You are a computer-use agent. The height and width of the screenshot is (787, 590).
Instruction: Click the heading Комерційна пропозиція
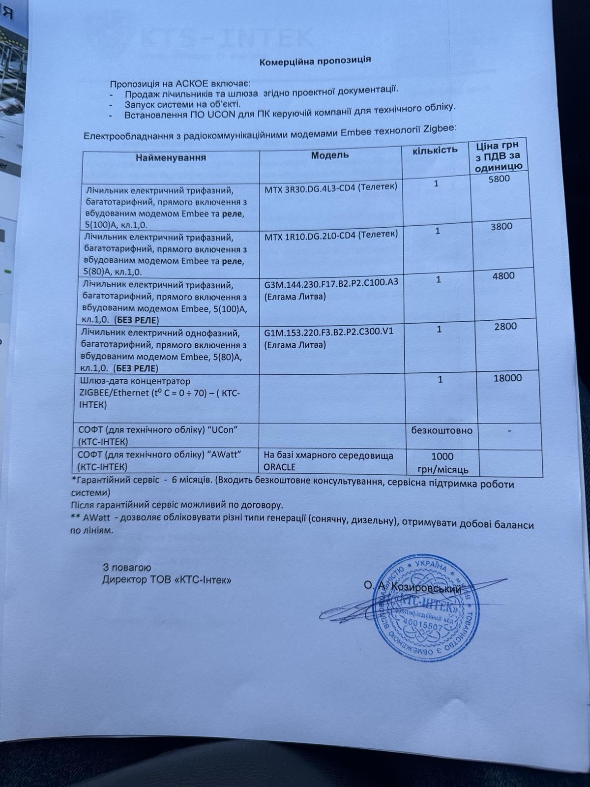click(x=315, y=60)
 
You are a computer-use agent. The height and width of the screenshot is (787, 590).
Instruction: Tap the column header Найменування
click(x=171, y=157)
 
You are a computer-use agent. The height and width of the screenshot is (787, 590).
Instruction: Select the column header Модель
click(x=330, y=155)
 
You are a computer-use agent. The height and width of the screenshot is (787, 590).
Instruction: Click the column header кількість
click(x=436, y=150)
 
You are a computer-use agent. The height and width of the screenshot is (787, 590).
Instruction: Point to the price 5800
click(x=500, y=179)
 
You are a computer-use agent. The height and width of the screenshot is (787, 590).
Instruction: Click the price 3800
click(x=501, y=227)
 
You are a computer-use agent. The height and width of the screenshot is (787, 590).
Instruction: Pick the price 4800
click(x=503, y=275)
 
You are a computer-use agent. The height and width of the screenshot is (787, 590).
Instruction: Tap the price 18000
click(x=507, y=378)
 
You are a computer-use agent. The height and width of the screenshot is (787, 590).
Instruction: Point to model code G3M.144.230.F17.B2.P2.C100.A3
click(x=331, y=283)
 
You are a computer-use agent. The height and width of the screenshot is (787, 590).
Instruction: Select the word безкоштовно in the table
click(x=442, y=430)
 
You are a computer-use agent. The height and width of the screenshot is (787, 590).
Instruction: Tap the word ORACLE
click(x=280, y=466)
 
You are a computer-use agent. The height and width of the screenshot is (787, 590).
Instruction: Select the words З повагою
click(x=123, y=567)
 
